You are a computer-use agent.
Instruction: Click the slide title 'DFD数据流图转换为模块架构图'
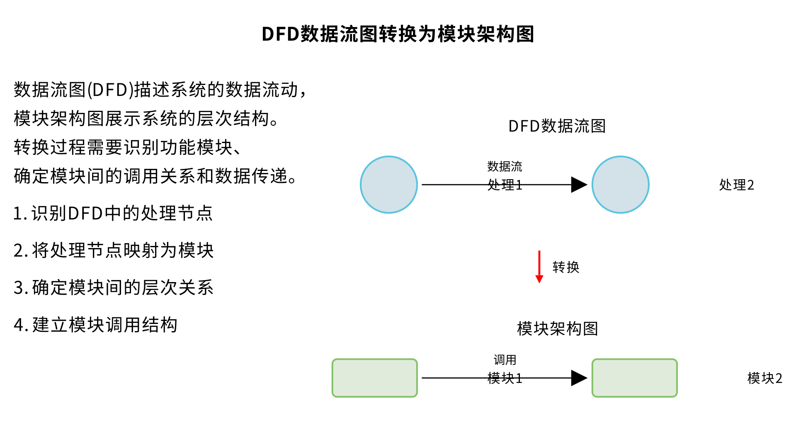(x=398, y=34)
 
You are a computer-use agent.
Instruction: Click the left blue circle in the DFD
(x=389, y=185)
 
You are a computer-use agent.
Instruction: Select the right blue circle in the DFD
(x=620, y=185)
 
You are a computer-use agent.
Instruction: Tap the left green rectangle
(x=374, y=378)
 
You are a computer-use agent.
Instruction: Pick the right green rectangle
(x=634, y=378)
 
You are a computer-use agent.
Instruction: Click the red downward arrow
(x=539, y=267)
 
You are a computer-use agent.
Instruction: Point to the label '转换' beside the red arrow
(x=566, y=267)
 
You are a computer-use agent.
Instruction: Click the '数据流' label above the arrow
(x=505, y=166)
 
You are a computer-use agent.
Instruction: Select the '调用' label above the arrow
(x=505, y=360)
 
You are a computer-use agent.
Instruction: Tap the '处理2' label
(x=736, y=185)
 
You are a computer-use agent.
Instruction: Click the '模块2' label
(x=764, y=378)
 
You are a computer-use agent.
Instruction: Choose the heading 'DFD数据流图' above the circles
(x=557, y=126)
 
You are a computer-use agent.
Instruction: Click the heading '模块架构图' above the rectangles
(x=557, y=329)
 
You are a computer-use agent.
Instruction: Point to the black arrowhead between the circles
(x=579, y=185)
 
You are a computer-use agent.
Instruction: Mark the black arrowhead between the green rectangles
(x=579, y=378)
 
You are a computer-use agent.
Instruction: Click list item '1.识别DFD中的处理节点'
(x=113, y=213)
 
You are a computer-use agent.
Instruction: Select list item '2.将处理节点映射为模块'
(x=113, y=251)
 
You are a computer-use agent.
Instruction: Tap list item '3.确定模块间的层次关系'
(x=113, y=287)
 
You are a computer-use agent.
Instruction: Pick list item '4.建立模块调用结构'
(x=95, y=325)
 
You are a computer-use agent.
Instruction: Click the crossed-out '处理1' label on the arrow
(x=505, y=185)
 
